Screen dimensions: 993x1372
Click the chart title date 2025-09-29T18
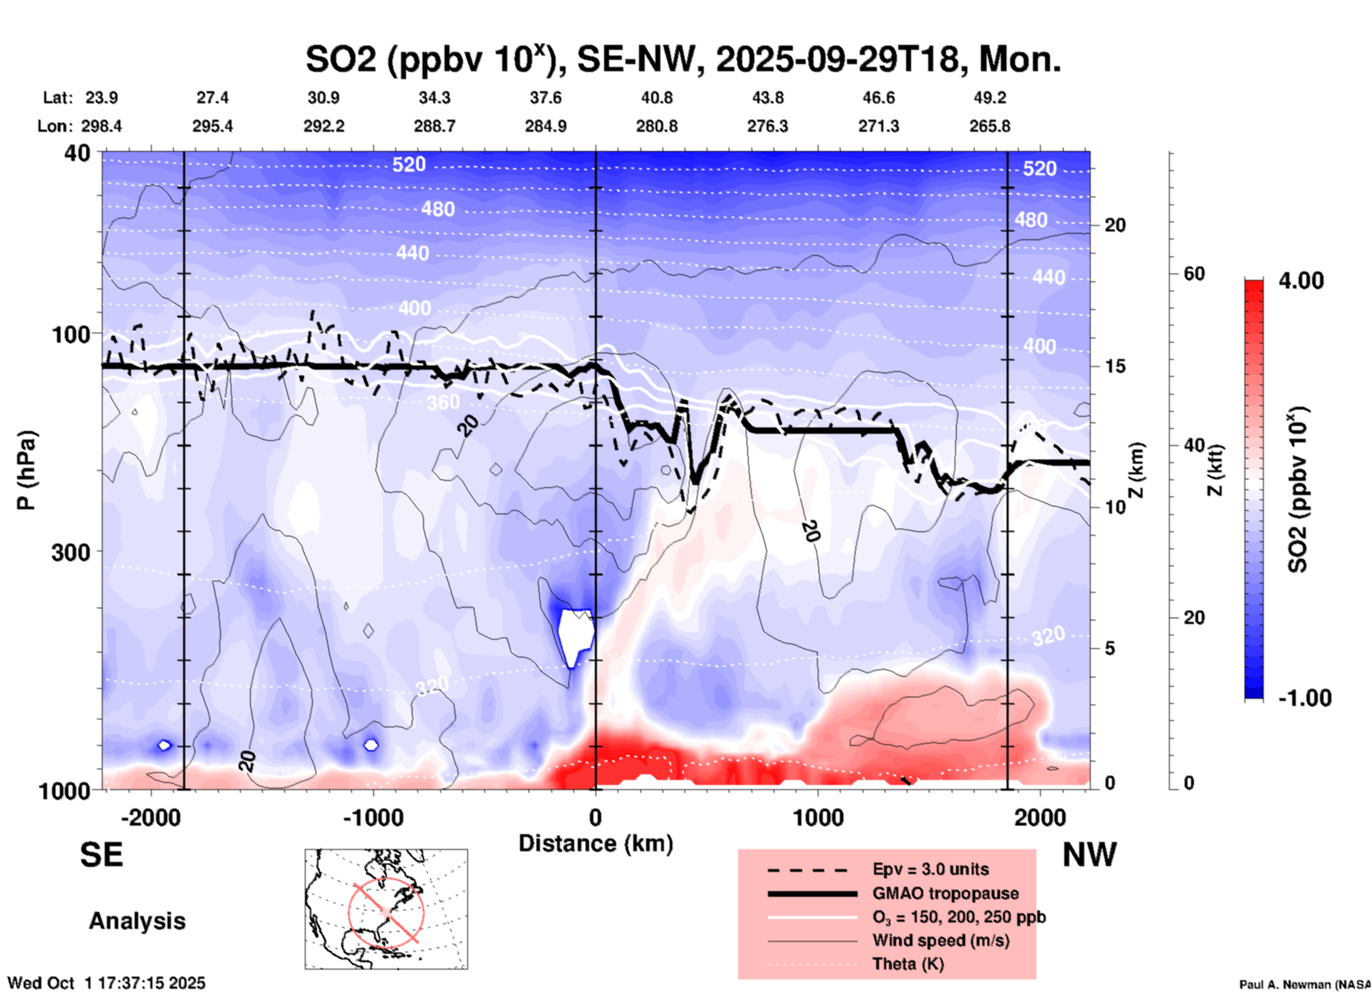(838, 58)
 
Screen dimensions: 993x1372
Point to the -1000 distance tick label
(373, 817)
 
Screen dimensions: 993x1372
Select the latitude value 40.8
(656, 98)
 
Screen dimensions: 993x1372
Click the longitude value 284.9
(546, 126)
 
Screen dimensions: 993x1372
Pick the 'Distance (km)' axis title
(596, 843)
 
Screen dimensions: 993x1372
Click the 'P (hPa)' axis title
(26, 470)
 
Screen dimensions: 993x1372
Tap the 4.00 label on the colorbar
(1301, 280)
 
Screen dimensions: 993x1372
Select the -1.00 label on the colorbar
(1304, 698)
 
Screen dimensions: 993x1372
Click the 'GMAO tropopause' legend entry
(945, 893)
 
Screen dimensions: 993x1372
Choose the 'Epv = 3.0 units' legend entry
(930, 869)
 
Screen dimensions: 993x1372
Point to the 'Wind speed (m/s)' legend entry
(940, 940)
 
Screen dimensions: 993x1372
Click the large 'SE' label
(101, 855)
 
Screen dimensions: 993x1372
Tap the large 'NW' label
(1089, 855)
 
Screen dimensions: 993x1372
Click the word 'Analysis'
(137, 921)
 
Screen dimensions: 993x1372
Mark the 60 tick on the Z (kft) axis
(1194, 274)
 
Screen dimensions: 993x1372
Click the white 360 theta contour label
(443, 402)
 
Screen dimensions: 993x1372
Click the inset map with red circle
(386, 909)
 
